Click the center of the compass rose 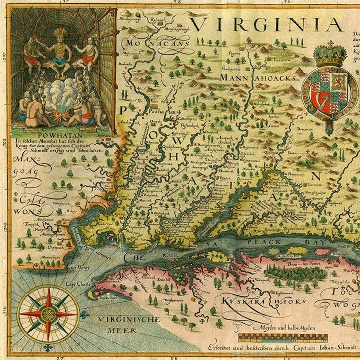point(48,314)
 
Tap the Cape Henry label point(77,267)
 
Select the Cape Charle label point(77,284)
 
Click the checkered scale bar point(283,338)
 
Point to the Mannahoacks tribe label point(258,77)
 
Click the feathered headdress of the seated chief point(60,33)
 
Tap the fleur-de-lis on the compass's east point point(85,315)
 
